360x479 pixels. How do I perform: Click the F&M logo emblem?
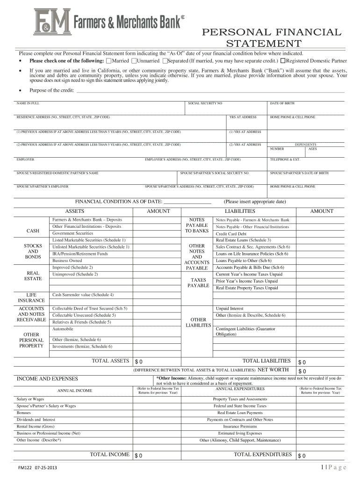coord(52,23)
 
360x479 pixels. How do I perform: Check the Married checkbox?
coord(109,61)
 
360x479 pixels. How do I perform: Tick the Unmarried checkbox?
coord(134,61)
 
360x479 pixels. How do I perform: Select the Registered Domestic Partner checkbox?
coord(283,61)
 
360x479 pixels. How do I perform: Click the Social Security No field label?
coord(205,102)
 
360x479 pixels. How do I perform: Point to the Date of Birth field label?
coord(282,102)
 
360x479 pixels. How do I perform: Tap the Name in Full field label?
coord(28,102)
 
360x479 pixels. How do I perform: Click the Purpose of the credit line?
coord(210,91)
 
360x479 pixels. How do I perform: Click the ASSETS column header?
coord(74,211)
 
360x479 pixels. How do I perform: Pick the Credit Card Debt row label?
coord(230,234)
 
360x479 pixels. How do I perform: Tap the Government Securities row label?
coord(72,233)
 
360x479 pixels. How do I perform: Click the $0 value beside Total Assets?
coord(138,362)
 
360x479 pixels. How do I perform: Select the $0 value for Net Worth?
coord(302,370)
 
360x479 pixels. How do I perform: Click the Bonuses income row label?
coord(24,413)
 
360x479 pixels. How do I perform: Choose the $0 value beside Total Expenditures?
coord(302,456)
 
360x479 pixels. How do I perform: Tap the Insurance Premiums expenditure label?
coord(240,427)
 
